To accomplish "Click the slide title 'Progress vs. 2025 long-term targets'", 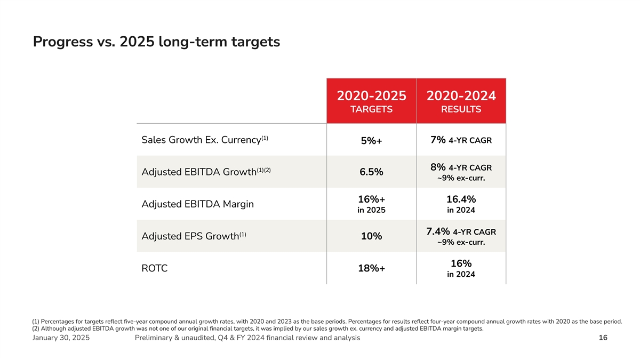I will click(156, 42).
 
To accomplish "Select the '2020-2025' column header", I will click(371, 96).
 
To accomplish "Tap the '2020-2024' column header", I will click(461, 96).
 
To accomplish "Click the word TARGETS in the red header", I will click(371, 110).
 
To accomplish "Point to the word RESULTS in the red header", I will click(461, 110).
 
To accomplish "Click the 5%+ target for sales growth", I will click(371, 141).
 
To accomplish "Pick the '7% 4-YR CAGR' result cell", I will click(461, 140).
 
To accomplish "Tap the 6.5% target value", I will click(371, 172).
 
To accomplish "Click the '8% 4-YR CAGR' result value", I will click(461, 167).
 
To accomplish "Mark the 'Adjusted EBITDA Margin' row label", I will click(197, 204).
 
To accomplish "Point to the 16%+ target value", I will click(371, 199).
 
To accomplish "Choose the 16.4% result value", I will click(461, 199).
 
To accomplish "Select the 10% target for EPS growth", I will click(371, 236).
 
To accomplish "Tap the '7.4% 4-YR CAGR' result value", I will click(461, 231).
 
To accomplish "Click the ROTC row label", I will click(155, 268).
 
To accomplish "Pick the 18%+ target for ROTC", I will click(371, 269).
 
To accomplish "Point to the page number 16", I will click(603, 338).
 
